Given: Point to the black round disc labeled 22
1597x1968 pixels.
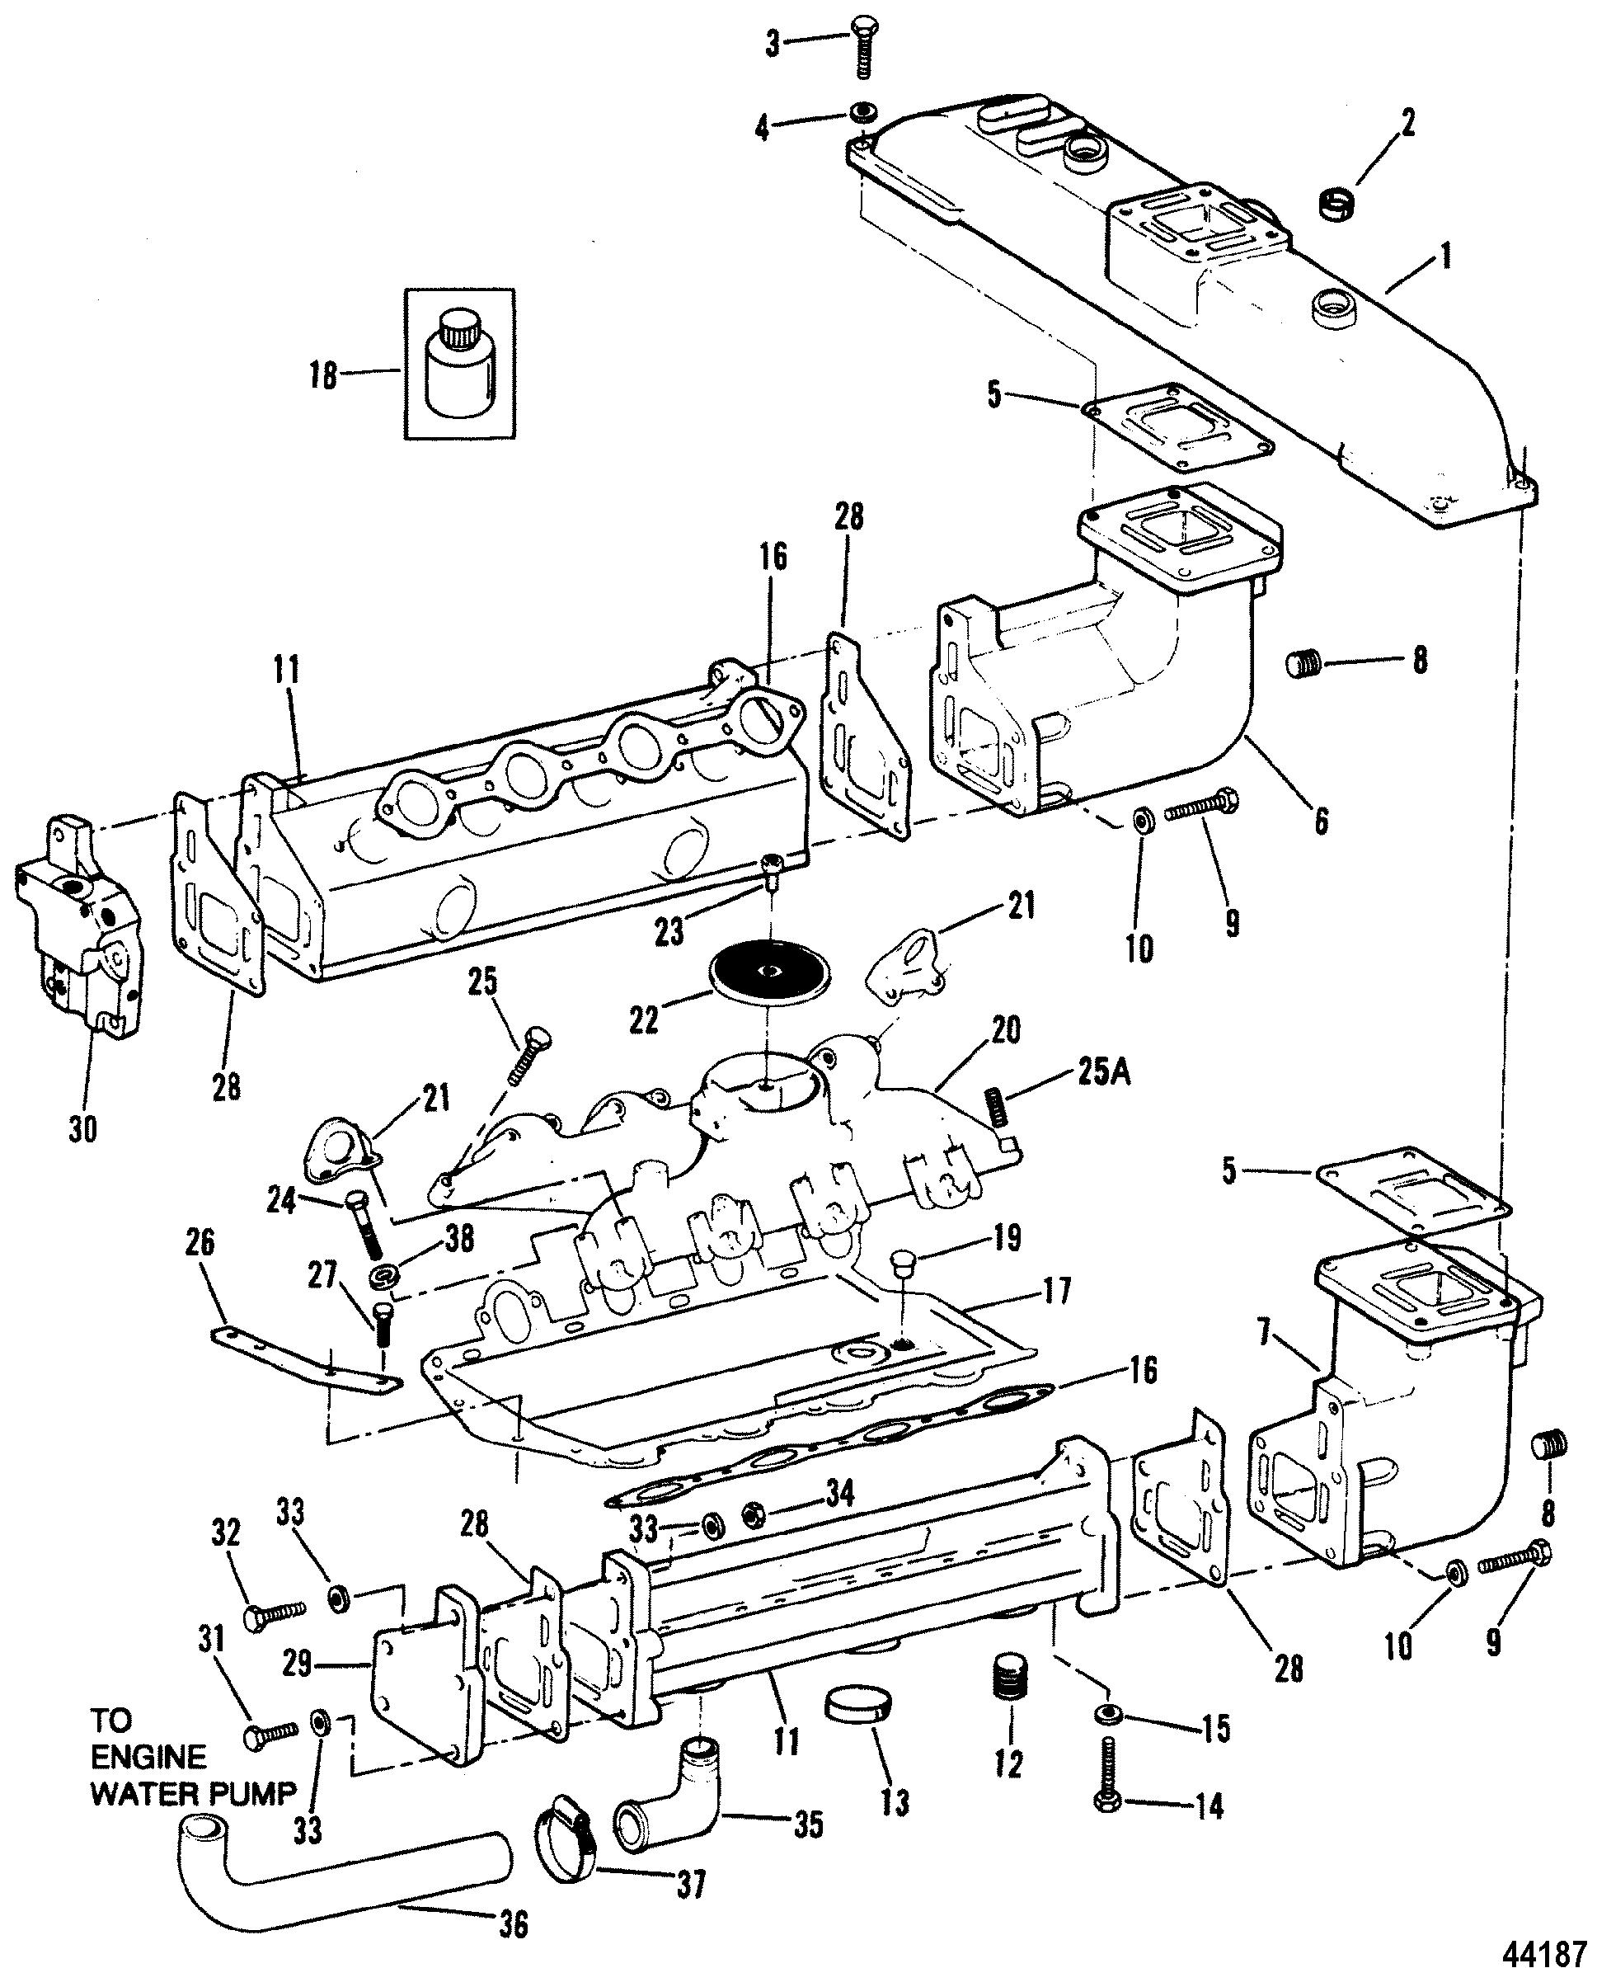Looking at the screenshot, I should click(x=770, y=972).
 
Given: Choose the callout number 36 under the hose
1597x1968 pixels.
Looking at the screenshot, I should click(x=514, y=1921).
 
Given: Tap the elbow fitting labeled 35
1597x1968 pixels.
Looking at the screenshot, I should click(x=676, y=1791).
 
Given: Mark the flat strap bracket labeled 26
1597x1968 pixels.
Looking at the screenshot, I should click(x=303, y=1356).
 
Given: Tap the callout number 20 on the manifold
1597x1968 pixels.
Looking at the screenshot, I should click(x=1006, y=1030).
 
